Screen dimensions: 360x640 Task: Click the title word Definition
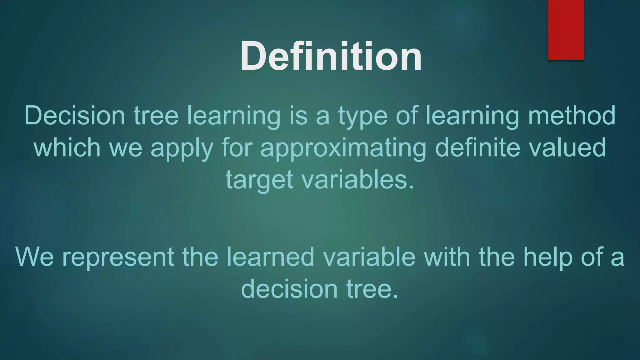pos(331,57)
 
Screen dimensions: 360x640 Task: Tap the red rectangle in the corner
pos(566,30)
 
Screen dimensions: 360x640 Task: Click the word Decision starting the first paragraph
pos(74,116)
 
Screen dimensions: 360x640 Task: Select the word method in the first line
pos(572,116)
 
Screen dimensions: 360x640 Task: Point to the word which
pos(67,147)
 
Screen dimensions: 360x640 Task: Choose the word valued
pos(567,147)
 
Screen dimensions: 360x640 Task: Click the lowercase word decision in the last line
pos(289,289)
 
